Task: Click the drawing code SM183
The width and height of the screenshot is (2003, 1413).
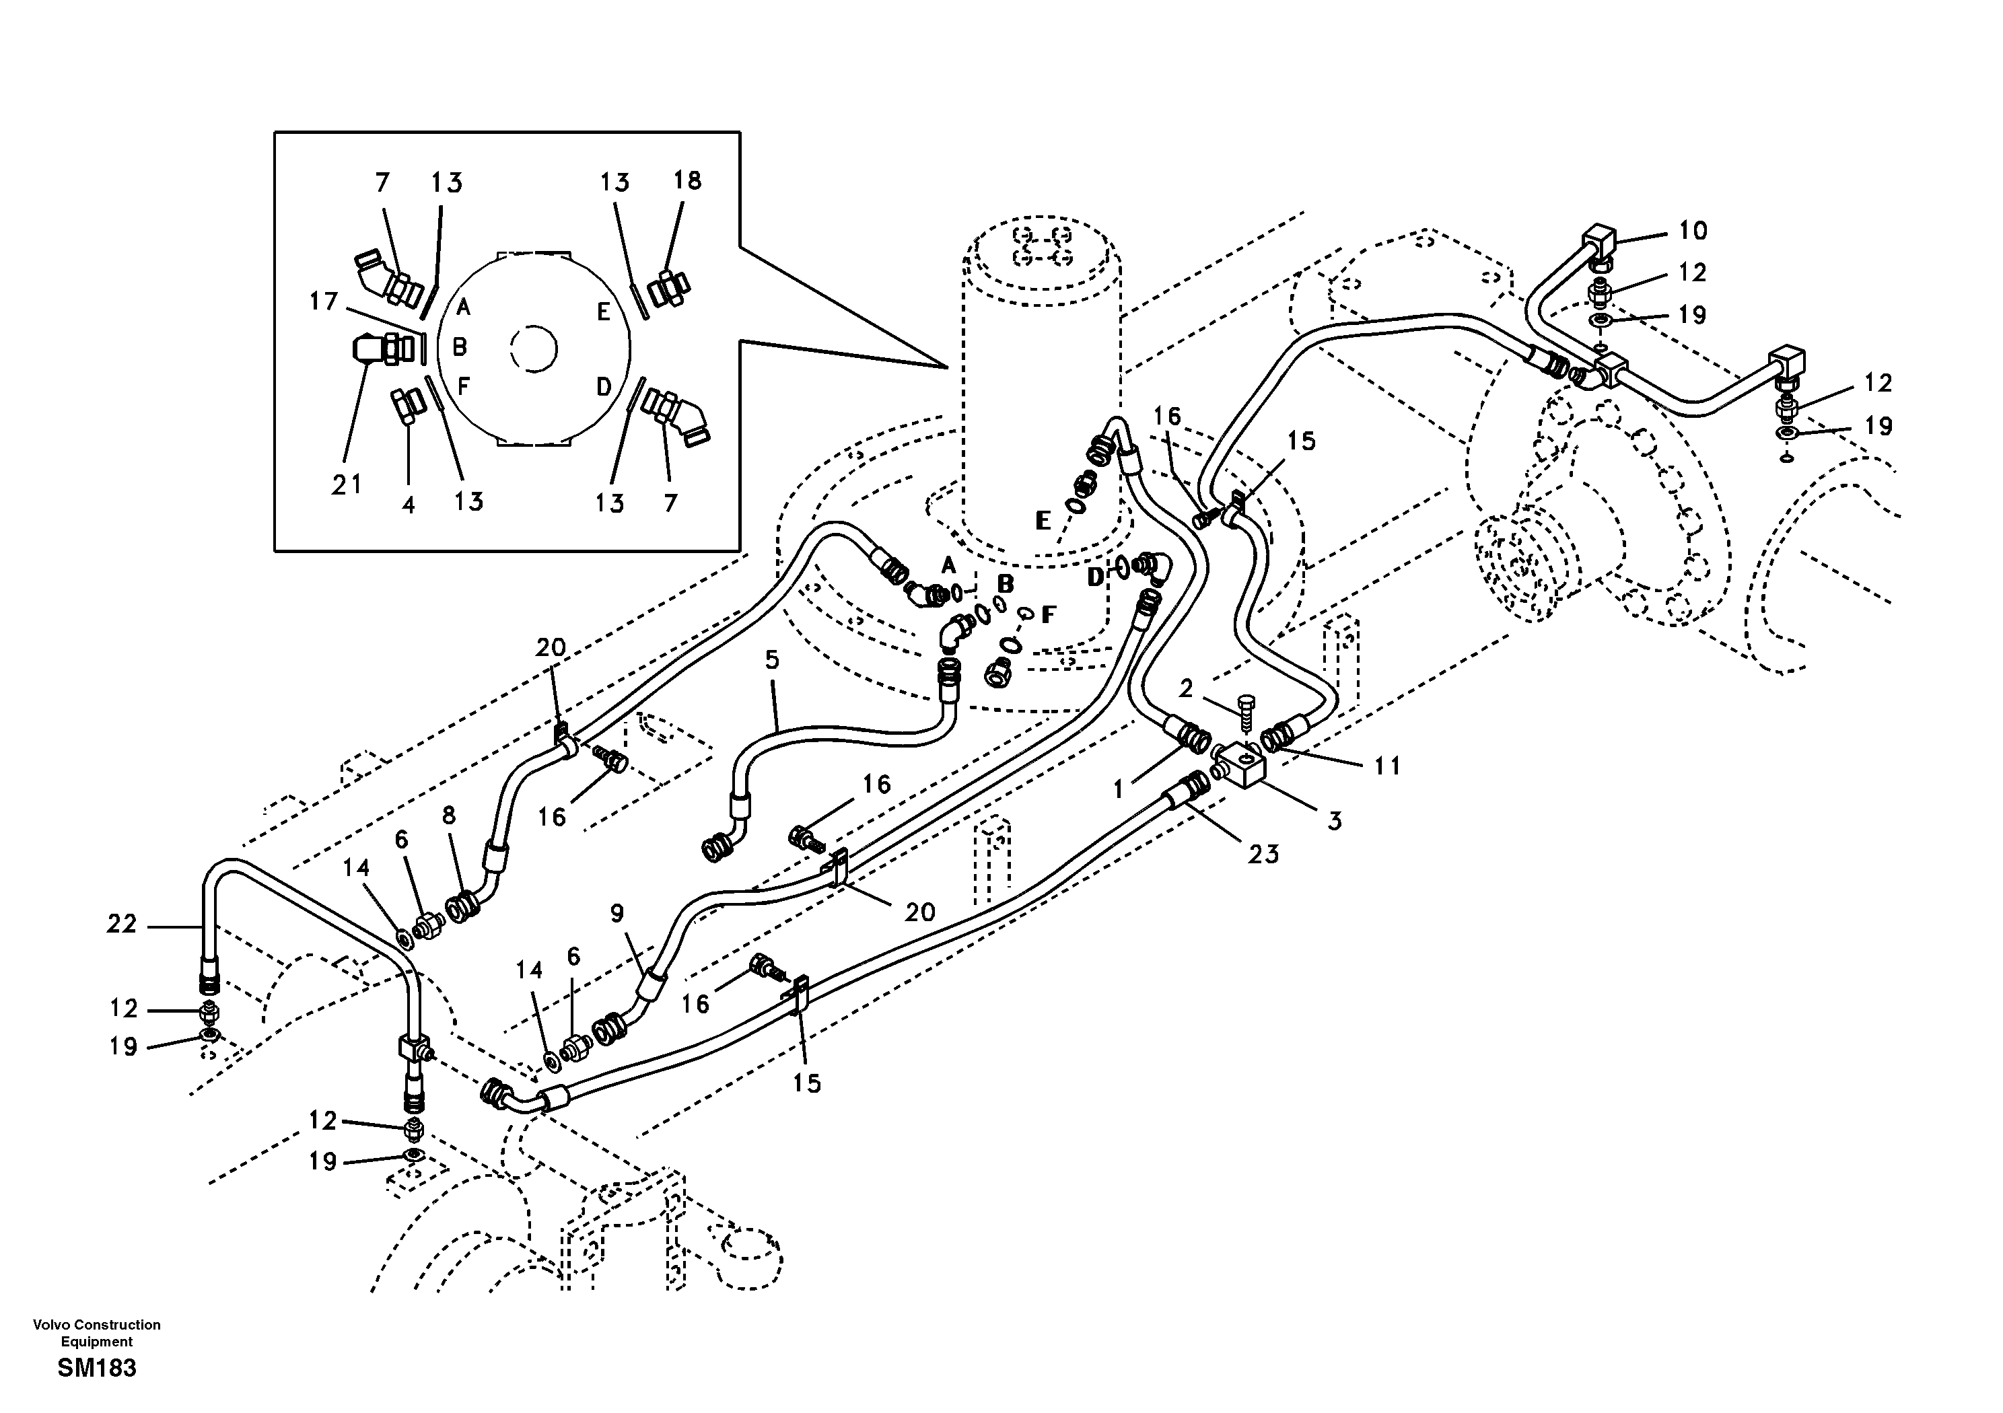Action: click(x=97, y=1368)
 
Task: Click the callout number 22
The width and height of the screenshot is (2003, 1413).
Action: click(x=122, y=924)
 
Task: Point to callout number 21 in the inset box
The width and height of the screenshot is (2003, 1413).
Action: click(x=347, y=485)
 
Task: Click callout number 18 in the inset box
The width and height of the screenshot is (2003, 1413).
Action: click(x=687, y=180)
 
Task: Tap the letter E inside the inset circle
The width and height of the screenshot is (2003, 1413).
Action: click(x=603, y=312)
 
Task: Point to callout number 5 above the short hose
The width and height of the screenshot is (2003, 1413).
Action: click(x=771, y=659)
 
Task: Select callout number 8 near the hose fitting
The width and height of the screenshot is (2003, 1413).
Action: click(x=448, y=816)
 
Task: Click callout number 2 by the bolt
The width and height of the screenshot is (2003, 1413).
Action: click(x=1185, y=689)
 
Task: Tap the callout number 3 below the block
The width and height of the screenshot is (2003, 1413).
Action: click(x=1334, y=820)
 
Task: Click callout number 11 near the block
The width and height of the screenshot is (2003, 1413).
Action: click(x=1386, y=766)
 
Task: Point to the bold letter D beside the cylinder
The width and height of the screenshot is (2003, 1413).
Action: click(x=1096, y=576)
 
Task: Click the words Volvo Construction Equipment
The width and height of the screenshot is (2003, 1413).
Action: click(x=97, y=1333)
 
